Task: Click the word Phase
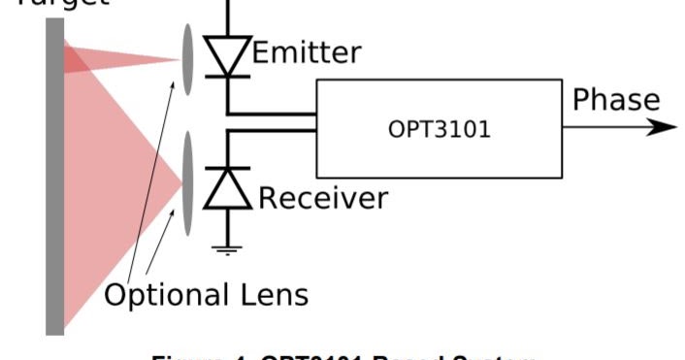pos(615,100)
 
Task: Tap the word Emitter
pos(307,51)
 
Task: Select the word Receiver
pos(322,198)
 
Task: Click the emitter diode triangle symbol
pos(227,56)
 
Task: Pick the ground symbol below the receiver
pos(227,249)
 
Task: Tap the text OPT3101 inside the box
pos(439,129)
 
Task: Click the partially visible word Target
pos(58,3)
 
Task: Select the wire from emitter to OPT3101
pos(272,114)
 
